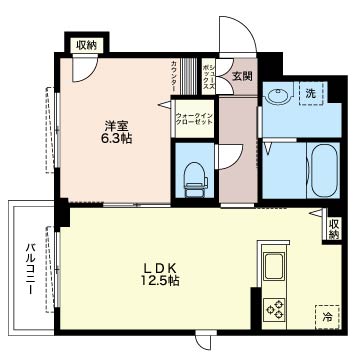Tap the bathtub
coord(325,171)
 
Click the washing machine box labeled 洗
coord(312,93)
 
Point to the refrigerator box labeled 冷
coord(327,317)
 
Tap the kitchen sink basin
coord(274,267)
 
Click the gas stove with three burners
coord(274,310)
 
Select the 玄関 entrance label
coord(242,76)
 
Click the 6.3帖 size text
coord(116,138)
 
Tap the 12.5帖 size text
coord(161,281)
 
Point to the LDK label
coord(160,268)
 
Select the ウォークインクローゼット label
coord(194,119)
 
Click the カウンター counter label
coord(174,77)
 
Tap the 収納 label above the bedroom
coord(87,45)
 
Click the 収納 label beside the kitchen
coord(334,229)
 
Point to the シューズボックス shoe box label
coord(209,77)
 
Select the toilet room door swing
coord(231,156)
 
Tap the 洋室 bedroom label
coord(116,126)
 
